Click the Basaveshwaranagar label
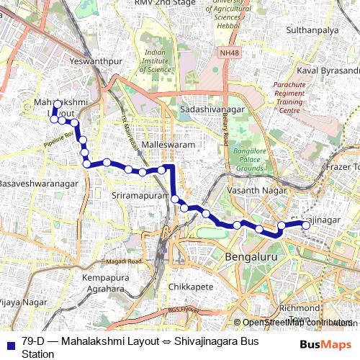(x=37, y=184)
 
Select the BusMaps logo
(x=325, y=344)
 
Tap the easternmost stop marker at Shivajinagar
(x=306, y=225)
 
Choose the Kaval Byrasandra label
(x=328, y=71)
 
